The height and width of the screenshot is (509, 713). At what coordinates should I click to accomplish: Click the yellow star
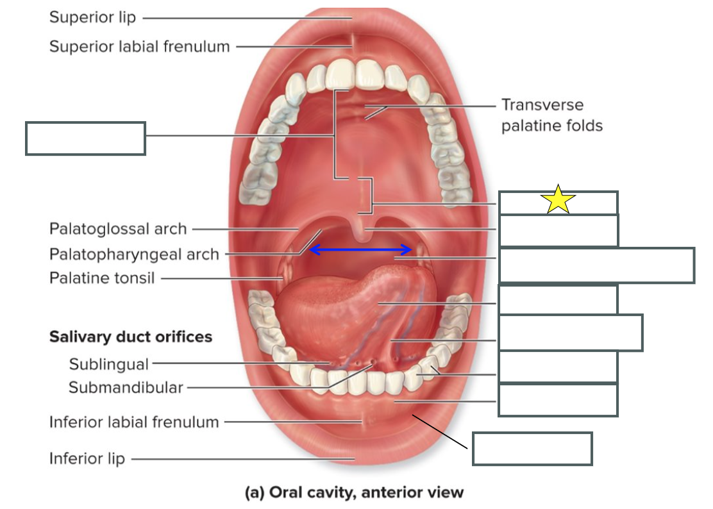point(558,200)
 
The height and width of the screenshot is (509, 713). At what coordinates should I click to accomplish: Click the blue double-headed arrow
point(360,249)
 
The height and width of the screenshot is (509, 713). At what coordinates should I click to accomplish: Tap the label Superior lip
point(93,17)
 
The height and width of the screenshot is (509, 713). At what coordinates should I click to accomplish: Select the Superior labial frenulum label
point(139,46)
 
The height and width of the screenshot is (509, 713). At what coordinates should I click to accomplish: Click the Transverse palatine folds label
point(551,115)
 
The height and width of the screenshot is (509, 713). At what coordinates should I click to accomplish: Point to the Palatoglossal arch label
point(118,229)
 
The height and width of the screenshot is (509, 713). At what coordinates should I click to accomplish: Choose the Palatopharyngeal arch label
point(134,254)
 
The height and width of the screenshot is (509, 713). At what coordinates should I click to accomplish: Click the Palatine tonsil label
point(102,278)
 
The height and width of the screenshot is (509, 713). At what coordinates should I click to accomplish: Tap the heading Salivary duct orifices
point(130,337)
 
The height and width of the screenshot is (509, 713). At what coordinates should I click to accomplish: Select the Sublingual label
point(108,364)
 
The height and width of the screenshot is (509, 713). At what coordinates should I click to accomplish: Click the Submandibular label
point(126,387)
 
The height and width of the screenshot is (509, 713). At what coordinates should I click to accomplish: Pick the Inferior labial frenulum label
point(134,422)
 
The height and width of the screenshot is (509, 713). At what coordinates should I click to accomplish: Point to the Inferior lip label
point(87,458)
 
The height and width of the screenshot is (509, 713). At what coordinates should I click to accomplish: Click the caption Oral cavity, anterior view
point(354,492)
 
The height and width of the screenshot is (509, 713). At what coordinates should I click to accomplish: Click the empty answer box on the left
point(85,138)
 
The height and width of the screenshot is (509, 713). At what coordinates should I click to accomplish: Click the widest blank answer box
point(596,265)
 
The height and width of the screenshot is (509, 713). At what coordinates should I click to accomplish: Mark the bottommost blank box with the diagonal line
point(532,449)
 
